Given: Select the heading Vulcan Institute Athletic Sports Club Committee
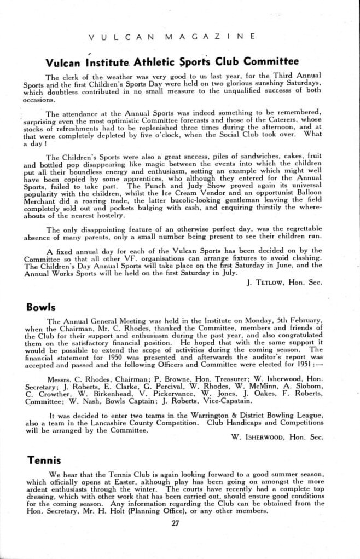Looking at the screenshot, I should coord(172,60).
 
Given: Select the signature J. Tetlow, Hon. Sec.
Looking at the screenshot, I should coord(282,283).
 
